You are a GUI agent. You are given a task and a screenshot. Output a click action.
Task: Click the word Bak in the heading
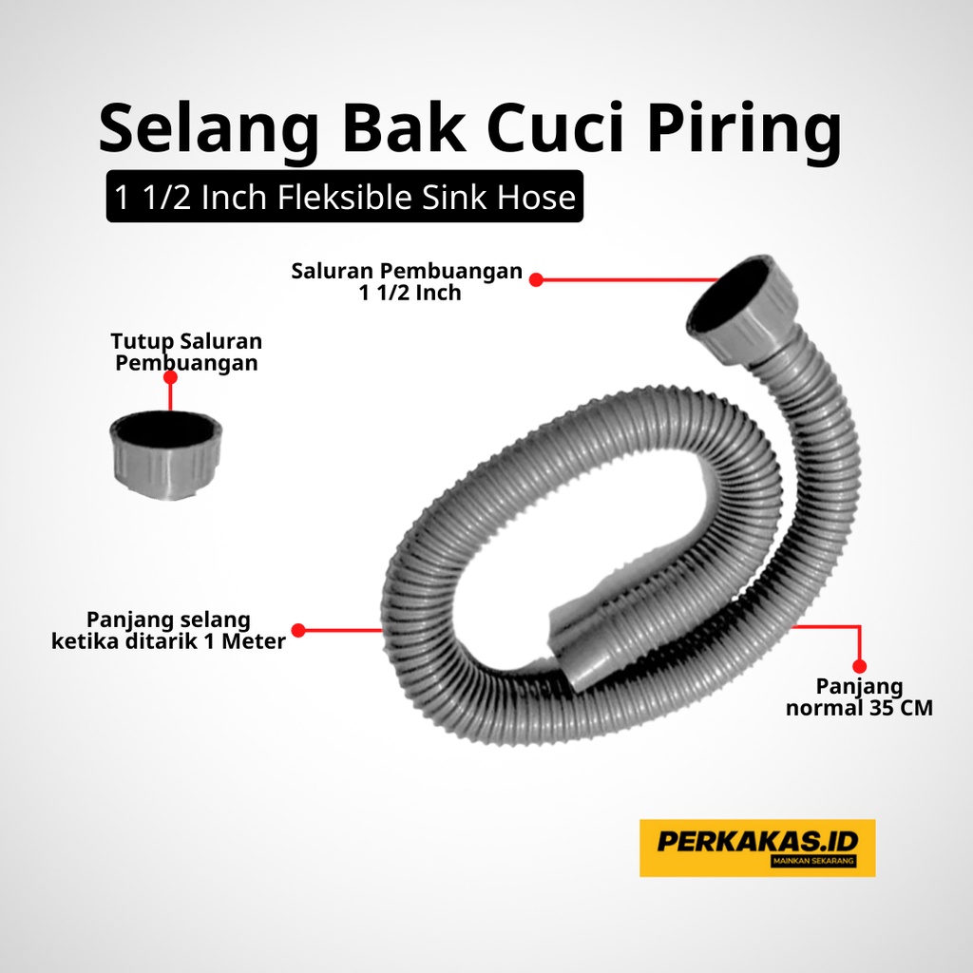[404, 128]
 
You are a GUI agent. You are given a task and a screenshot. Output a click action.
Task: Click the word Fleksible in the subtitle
[344, 198]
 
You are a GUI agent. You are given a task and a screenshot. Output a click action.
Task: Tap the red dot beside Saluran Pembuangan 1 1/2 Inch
[536, 280]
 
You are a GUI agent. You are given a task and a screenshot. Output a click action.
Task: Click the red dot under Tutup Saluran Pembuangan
[170, 377]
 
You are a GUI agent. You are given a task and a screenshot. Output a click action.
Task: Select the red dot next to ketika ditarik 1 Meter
[298, 631]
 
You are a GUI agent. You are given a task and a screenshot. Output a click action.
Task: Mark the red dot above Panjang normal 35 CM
[859, 666]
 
